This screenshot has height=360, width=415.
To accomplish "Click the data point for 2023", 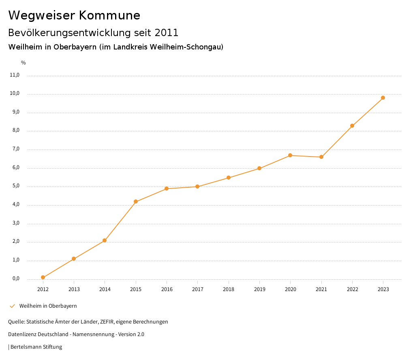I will (383, 98).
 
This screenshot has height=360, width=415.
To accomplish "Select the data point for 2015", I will (136, 201).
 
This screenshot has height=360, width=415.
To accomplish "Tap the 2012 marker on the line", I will (43, 277).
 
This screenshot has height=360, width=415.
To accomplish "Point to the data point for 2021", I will (321, 157).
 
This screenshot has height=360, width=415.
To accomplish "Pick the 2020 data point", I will (290, 155).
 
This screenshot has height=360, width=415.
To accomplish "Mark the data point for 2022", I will (352, 126).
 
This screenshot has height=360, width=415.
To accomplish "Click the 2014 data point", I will (105, 240).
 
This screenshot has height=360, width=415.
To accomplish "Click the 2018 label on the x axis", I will (229, 289).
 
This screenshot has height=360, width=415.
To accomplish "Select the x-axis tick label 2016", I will (167, 289).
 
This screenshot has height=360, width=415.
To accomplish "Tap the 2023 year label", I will (383, 289).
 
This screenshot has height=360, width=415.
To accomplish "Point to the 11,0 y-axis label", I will (15, 75).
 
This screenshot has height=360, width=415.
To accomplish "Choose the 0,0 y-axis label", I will (15, 279).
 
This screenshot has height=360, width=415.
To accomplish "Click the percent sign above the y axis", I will (23, 63).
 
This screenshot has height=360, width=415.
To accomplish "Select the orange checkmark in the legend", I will (12, 306).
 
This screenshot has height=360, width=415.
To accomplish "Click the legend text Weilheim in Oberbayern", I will (48, 306).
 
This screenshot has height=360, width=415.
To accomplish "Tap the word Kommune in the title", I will (109, 15).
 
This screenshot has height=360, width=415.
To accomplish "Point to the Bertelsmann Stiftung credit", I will (36, 347).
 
